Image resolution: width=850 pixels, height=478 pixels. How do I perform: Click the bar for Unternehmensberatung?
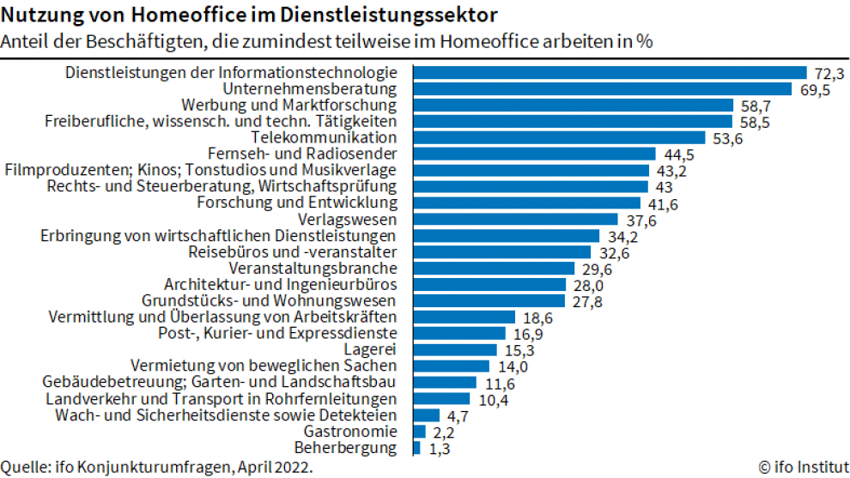click(x=602, y=89)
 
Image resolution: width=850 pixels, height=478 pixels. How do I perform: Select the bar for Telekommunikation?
click(x=559, y=138)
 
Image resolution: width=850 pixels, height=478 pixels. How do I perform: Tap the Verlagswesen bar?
click(x=515, y=220)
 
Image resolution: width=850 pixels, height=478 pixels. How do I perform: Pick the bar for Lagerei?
click(x=455, y=350)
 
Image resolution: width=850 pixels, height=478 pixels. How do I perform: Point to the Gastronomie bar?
click(x=419, y=432)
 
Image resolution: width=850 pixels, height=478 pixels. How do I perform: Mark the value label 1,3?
click(x=435, y=448)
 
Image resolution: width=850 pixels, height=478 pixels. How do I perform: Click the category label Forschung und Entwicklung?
click(x=297, y=203)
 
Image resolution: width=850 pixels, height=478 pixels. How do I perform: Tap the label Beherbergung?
click(x=345, y=448)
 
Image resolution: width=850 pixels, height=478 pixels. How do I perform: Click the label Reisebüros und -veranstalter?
click(x=292, y=252)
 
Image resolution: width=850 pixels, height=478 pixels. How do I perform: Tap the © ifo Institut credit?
click(x=801, y=468)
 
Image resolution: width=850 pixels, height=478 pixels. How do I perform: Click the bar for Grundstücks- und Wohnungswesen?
click(x=489, y=301)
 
